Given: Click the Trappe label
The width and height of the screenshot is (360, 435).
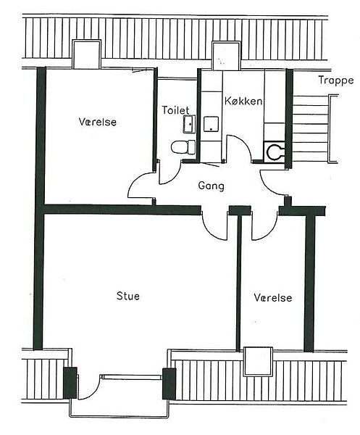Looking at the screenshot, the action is (336, 80).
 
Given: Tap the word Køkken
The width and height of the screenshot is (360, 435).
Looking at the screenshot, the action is (243, 101).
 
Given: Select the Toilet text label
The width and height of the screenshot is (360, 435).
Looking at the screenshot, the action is (175, 110).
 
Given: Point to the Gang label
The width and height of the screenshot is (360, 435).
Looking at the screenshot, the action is (212, 186).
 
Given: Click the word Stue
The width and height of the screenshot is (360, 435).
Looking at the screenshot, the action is (128, 296).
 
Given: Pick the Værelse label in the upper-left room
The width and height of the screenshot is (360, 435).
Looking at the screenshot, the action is (98, 122).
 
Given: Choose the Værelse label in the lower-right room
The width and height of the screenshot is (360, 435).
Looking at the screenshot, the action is (273, 298).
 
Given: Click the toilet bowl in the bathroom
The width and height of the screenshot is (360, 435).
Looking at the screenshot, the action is (183, 147).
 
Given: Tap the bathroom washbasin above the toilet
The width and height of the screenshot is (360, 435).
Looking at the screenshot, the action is (189, 124).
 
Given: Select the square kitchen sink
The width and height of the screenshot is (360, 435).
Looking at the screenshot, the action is (212, 124).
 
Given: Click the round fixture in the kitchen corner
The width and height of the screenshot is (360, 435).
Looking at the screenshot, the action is (275, 152).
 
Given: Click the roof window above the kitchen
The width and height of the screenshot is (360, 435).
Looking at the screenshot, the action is (226, 56).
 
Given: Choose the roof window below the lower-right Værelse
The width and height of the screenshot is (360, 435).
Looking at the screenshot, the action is (259, 361).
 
